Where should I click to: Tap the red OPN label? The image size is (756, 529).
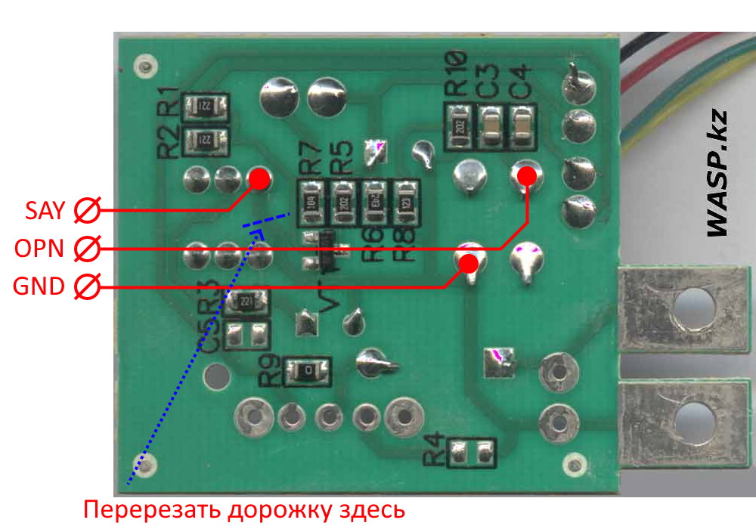click(x=40, y=248)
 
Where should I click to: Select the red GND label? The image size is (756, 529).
click(x=39, y=286)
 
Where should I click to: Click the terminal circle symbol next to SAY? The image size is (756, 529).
click(x=88, y=210)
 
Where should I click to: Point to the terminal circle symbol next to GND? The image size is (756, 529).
click(x=88, y=287)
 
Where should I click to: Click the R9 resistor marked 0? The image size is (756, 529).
click(x=308, y=371)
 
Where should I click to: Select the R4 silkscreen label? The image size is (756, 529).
click(x=432, y=453)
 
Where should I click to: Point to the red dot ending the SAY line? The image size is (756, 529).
click(x=259, y=179)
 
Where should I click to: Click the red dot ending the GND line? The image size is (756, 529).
click(x=469, y=264)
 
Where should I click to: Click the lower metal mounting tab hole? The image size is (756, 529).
click(x=692, y=417)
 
